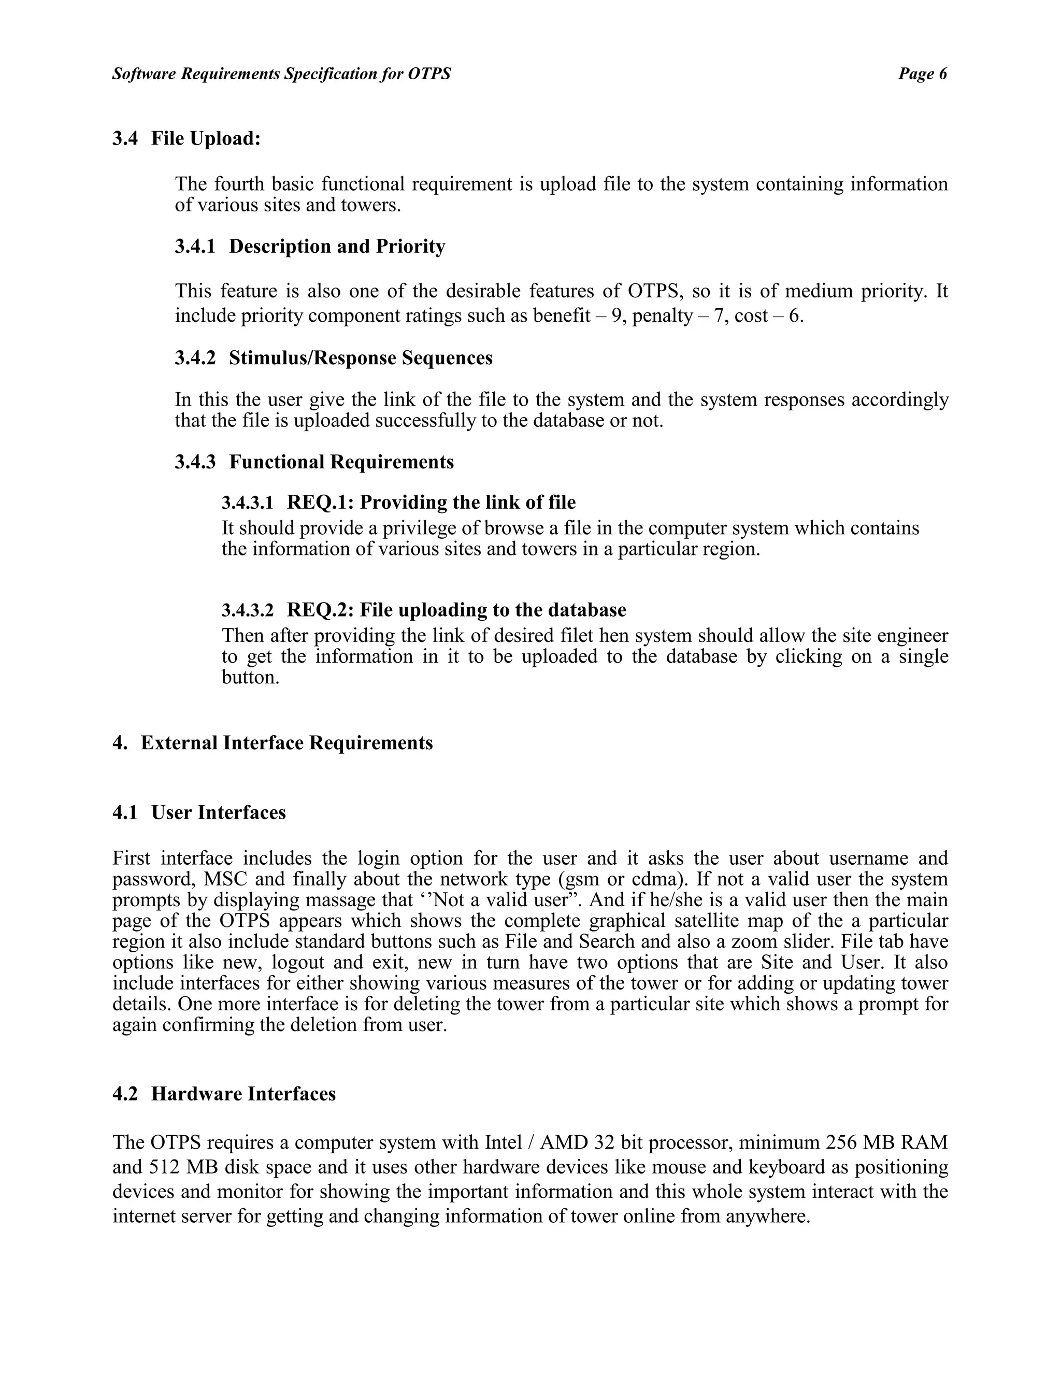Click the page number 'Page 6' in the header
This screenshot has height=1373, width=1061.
(922, 74)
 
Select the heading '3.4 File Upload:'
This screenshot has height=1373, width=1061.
(187, 138)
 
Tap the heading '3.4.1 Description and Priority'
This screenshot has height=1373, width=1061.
(310, 247)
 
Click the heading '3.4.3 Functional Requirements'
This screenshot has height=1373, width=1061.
(314, 462)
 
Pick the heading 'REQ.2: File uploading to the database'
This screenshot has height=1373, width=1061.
(456, 610)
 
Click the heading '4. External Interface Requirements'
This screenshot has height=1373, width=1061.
(273, 743)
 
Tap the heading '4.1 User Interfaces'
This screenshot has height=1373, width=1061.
(199, 813)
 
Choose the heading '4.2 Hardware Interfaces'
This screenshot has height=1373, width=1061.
(224, 1094)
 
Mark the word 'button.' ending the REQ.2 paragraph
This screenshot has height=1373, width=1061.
(250, 678)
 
